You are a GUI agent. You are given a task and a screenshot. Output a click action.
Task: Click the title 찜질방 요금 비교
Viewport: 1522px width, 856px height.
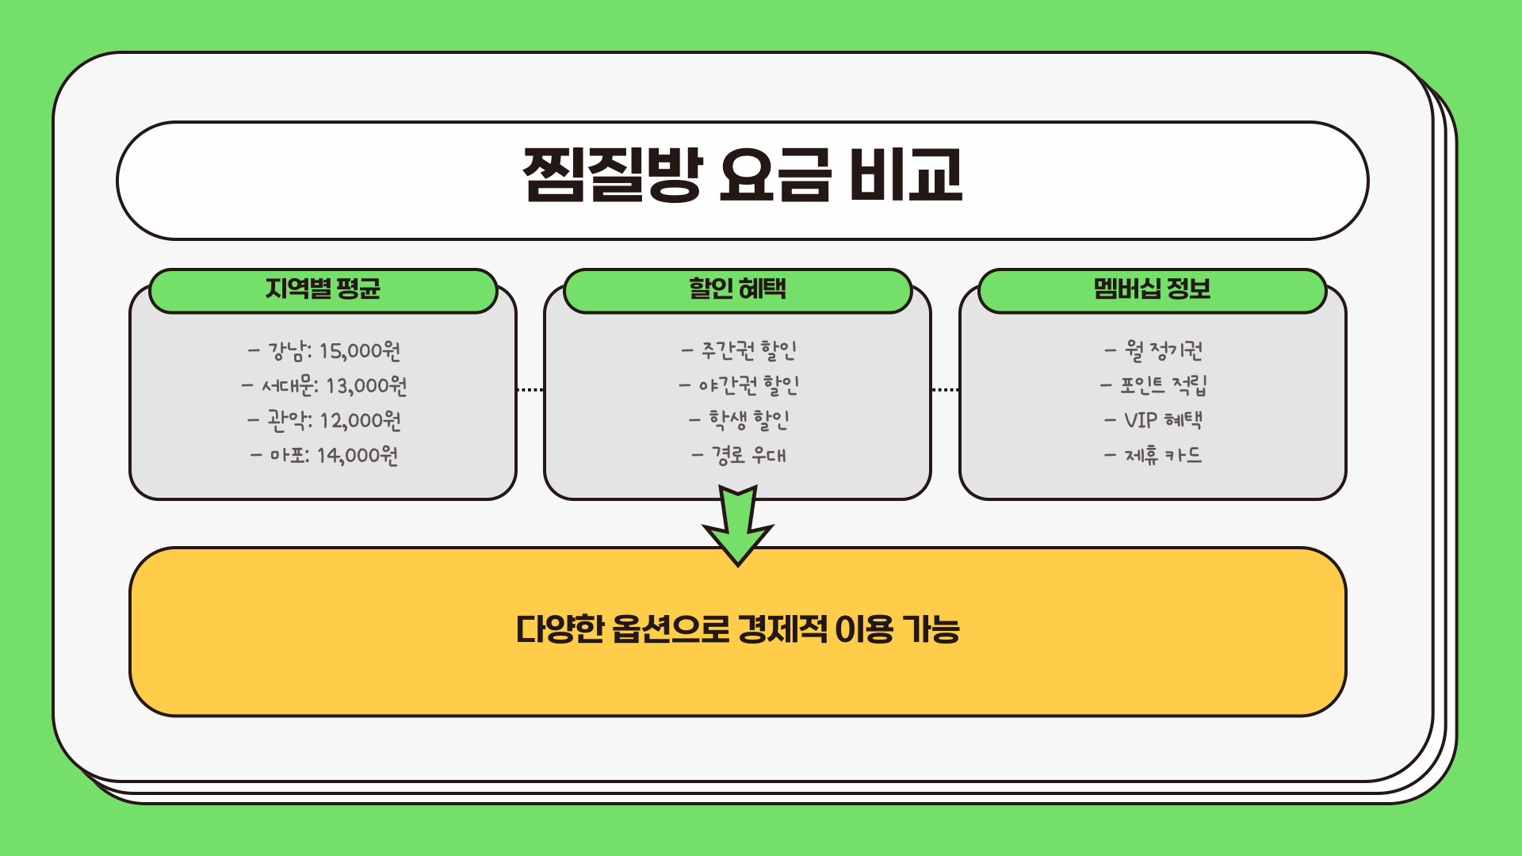coord(742,176)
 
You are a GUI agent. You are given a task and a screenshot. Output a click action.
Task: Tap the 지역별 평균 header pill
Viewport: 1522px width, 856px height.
coord(323,289)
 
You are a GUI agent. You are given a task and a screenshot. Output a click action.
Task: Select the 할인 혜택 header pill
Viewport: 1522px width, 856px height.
coord(737,289)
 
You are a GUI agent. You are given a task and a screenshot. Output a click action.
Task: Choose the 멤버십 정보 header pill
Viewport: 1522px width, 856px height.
coord(1152,289)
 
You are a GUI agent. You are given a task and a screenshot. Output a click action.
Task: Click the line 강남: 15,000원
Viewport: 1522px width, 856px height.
coord(324,350)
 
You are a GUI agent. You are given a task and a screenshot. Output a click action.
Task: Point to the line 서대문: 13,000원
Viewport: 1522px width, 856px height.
coord(324,386)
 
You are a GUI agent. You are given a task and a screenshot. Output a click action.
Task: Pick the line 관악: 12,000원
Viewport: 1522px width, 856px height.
coord(324,420)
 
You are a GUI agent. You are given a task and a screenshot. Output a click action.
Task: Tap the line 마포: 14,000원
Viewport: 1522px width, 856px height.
coord(324,455)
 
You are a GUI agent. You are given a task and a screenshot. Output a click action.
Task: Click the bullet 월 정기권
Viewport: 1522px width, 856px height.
coord(1153,350)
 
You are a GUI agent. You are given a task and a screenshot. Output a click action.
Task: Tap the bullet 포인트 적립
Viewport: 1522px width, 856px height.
coord(1153,386)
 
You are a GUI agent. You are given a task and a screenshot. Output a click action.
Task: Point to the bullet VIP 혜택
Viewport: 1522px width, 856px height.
coord(1153,420)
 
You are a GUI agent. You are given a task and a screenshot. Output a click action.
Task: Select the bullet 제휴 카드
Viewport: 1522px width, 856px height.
coord(1153,455)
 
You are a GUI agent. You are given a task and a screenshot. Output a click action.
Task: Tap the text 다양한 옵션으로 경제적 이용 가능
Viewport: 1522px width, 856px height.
coord(737,630)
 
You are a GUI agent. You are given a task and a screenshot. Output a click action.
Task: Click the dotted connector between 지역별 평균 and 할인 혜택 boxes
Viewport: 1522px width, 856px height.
coord(530,390)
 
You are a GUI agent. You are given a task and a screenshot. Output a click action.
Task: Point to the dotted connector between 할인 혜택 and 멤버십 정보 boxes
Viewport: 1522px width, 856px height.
coord(945,390)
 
